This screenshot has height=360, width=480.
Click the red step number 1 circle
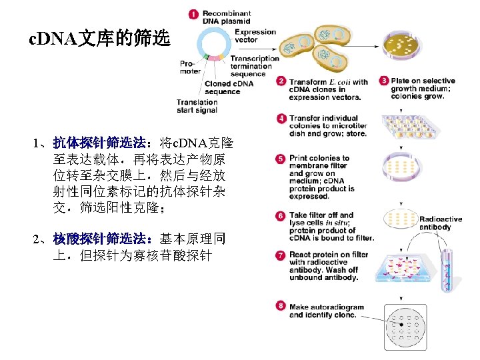pos(193,13)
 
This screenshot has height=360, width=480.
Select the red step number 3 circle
pos(384,81)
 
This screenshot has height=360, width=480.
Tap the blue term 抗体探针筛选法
pos(100,143)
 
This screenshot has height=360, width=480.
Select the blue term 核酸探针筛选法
pos(100,238)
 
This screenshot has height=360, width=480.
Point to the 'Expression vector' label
pos(255,35)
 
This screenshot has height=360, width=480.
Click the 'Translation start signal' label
pos(197,106)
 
